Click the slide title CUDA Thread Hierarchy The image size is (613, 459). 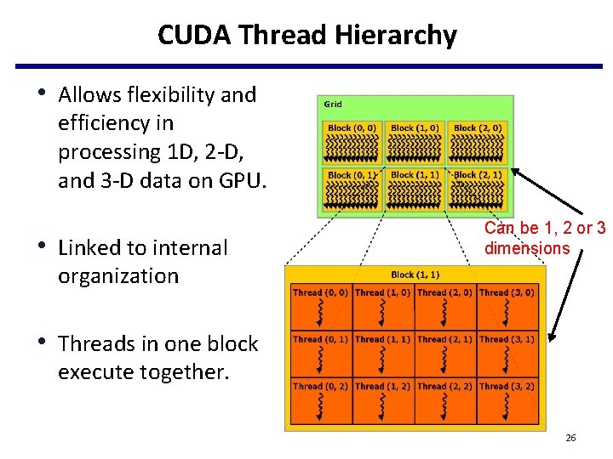pyautogui.click(x=306, y=35)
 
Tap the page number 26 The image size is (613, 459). pyautogui.click(x=570, y=438)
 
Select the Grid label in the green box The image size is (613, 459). pyautogui.click(x=333, y=105)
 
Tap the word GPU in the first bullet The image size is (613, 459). pyautogui.click(x=243, y=180)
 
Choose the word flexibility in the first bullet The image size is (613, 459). pyautogui.click(x=168, y=94)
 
